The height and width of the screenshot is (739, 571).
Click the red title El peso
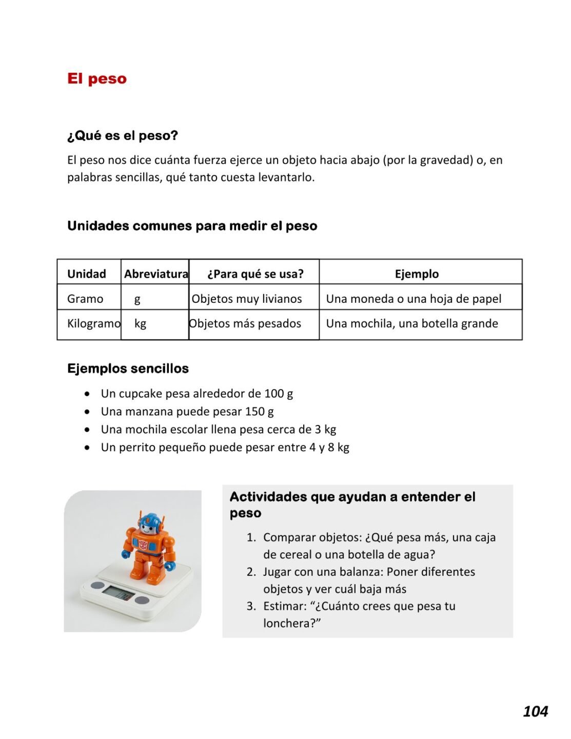96,79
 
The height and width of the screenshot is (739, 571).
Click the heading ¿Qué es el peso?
122,135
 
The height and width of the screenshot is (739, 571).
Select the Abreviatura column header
156,274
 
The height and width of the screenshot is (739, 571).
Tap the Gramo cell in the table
85,299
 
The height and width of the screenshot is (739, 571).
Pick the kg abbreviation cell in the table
140,323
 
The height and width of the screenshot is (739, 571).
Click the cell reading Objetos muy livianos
247,299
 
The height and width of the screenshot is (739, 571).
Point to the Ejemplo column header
417,274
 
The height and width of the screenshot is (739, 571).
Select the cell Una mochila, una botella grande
412,323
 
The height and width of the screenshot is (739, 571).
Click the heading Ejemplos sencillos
128,368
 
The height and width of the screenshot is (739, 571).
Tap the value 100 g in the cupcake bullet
279,394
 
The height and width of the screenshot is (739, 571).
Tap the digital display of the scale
117,594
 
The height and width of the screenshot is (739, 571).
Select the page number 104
535,711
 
